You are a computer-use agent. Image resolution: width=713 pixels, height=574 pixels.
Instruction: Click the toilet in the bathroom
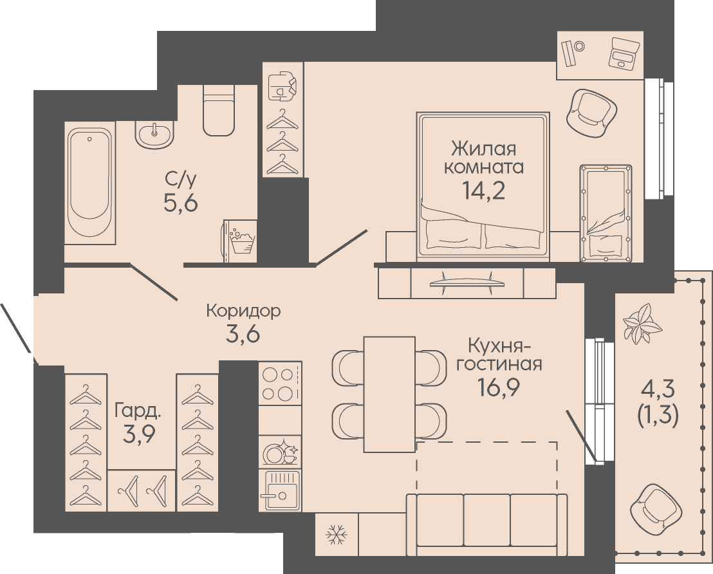(x=219, y=111)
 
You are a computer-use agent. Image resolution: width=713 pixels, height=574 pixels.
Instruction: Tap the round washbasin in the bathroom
(x=154, y=134)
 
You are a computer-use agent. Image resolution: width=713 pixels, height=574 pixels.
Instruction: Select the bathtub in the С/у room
(x=89, y=181)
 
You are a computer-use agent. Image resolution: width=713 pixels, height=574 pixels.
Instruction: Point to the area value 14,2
(x=483, y=190)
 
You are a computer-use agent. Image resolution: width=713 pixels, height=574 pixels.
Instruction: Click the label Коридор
(x=243, y=311)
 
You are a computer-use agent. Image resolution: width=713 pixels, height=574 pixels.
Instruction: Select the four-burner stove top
(x=280, y=384)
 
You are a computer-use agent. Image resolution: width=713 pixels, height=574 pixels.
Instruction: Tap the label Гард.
(x=137, y=411)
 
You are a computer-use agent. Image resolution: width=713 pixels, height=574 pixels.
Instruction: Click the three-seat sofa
(x=486, y=524)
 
